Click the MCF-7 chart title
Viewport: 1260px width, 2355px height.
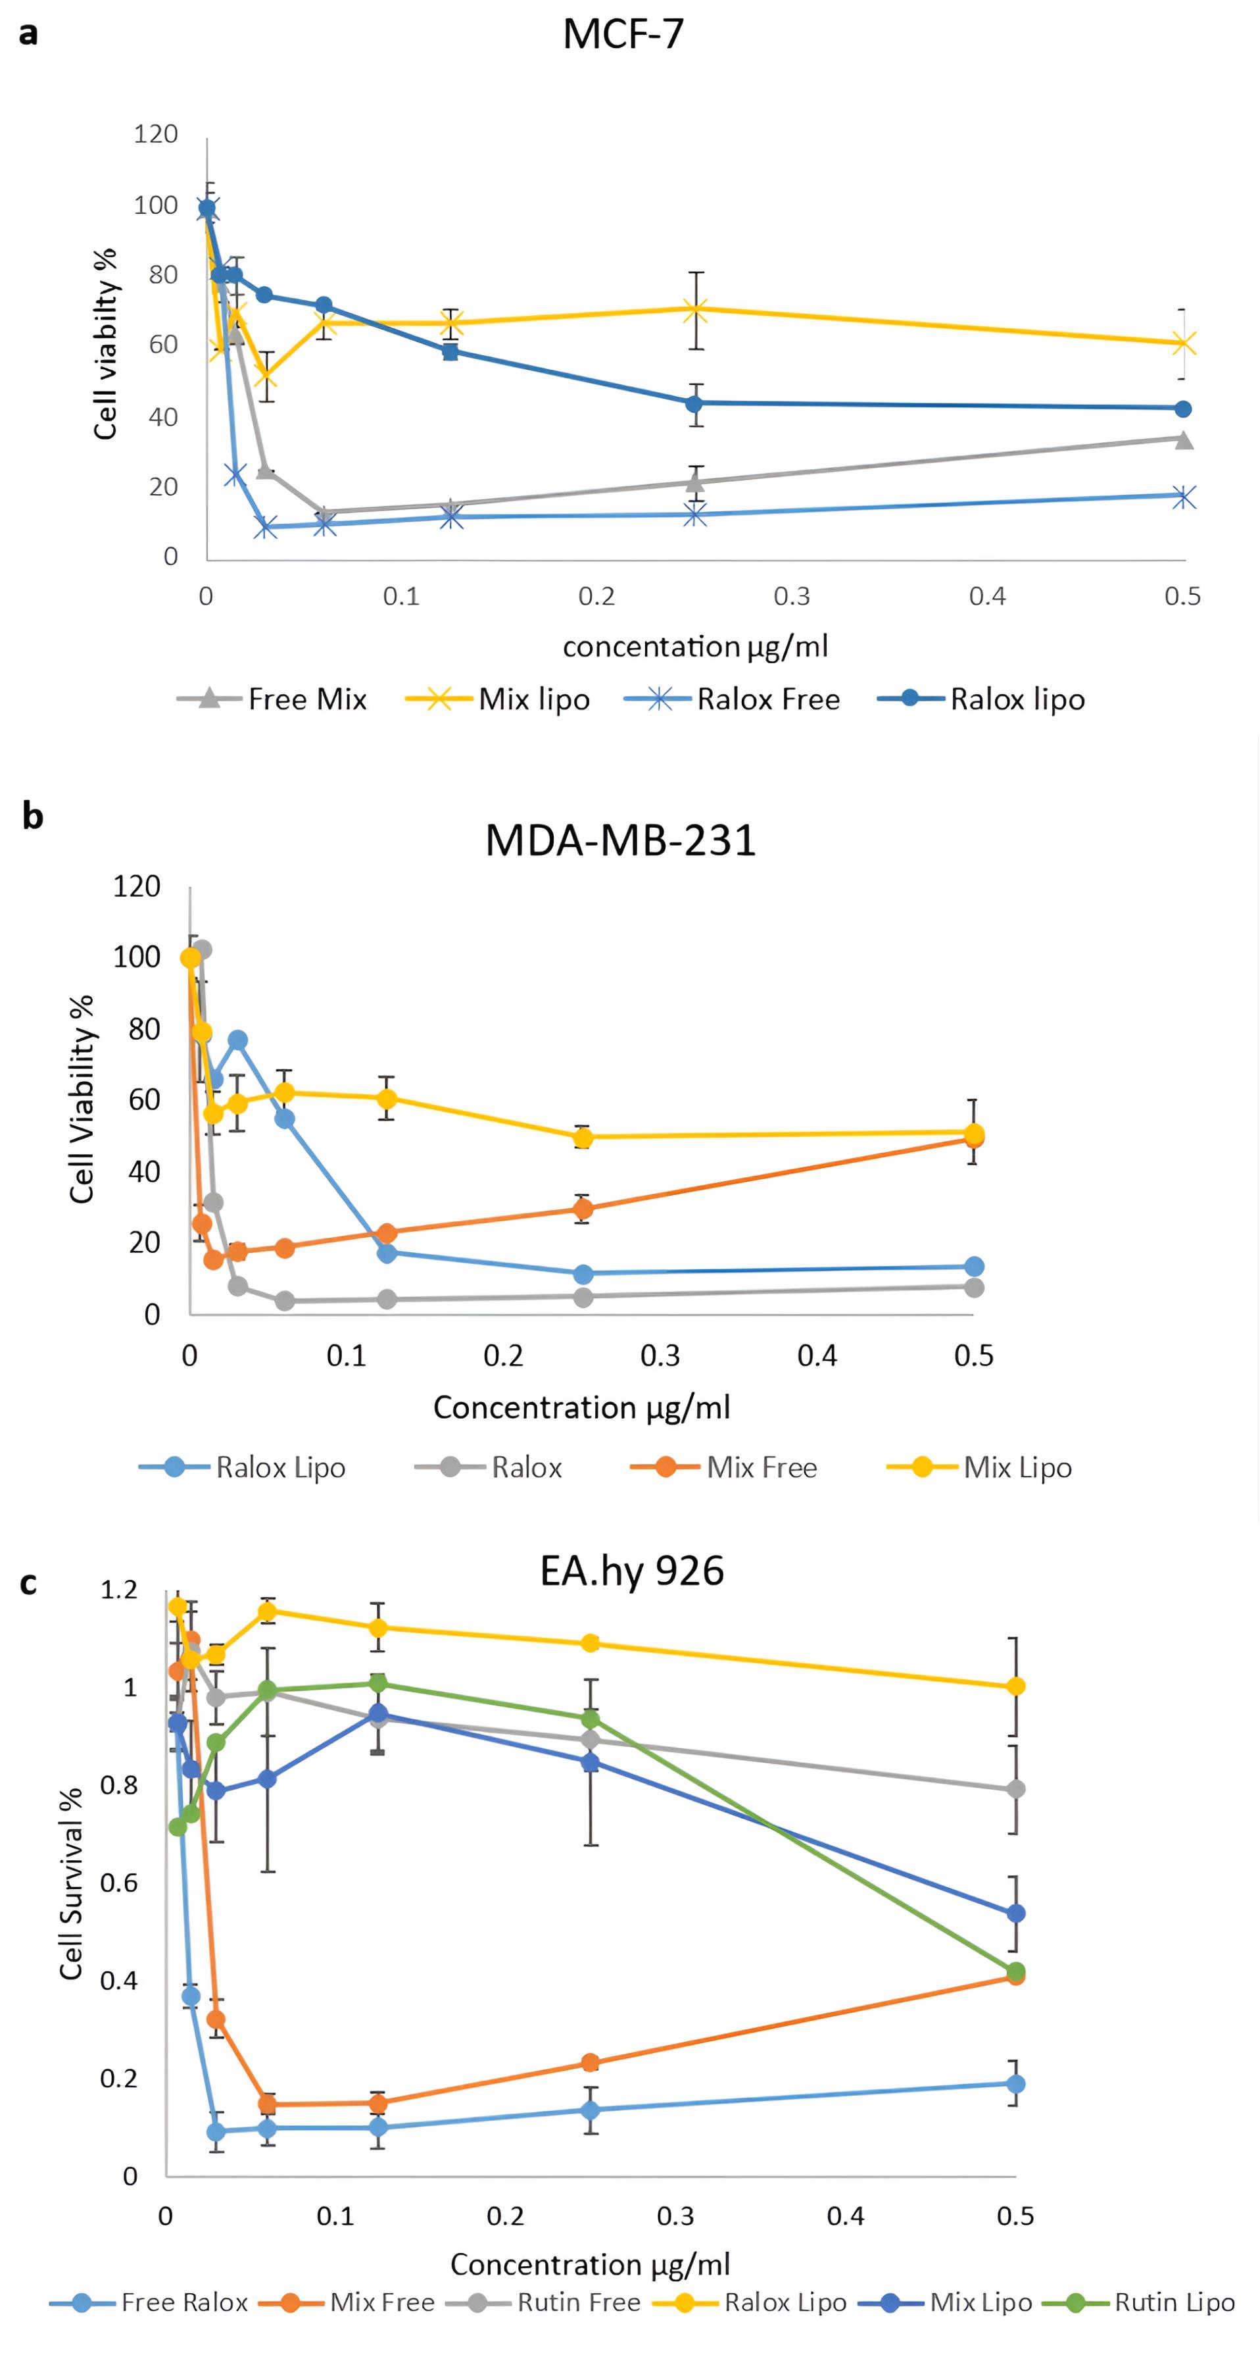tap(623, 35)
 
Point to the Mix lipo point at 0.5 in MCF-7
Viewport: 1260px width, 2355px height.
tap(1183, 343)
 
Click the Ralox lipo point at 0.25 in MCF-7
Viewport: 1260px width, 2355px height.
tap(694, 403)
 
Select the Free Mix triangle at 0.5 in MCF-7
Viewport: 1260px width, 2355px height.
tap(1183, 440)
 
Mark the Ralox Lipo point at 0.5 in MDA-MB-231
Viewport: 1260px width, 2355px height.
tap(974, 1266)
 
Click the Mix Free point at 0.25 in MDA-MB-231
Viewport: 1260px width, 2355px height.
tap(583, 1209)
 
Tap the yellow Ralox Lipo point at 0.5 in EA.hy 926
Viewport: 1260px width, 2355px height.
tap(1015, 1686)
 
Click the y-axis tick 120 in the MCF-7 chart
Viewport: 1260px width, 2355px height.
tap(155, 134)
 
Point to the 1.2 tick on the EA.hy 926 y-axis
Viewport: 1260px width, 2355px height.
tap(119, 1590)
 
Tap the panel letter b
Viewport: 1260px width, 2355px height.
tap(32, 815)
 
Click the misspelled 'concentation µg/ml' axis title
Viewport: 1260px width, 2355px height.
tap(695, 646)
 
